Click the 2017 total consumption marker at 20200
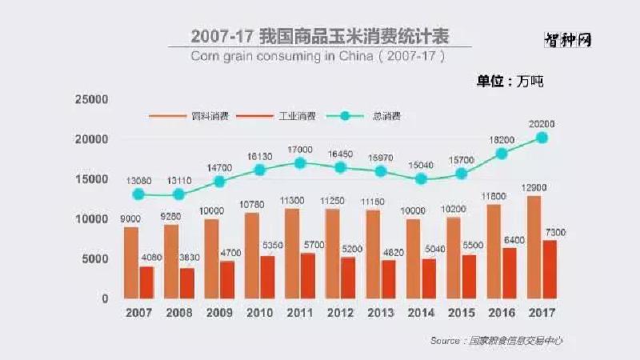[542, 138]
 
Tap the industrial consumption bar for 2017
[550, 270]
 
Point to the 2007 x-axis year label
[138, 313]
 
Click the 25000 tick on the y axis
[90, 99]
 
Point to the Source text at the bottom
[496, 341]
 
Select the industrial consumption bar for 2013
[388, 279]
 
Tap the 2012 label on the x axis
[340, 313]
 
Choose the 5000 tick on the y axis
[94, 259]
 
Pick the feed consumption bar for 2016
[494, 251]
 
